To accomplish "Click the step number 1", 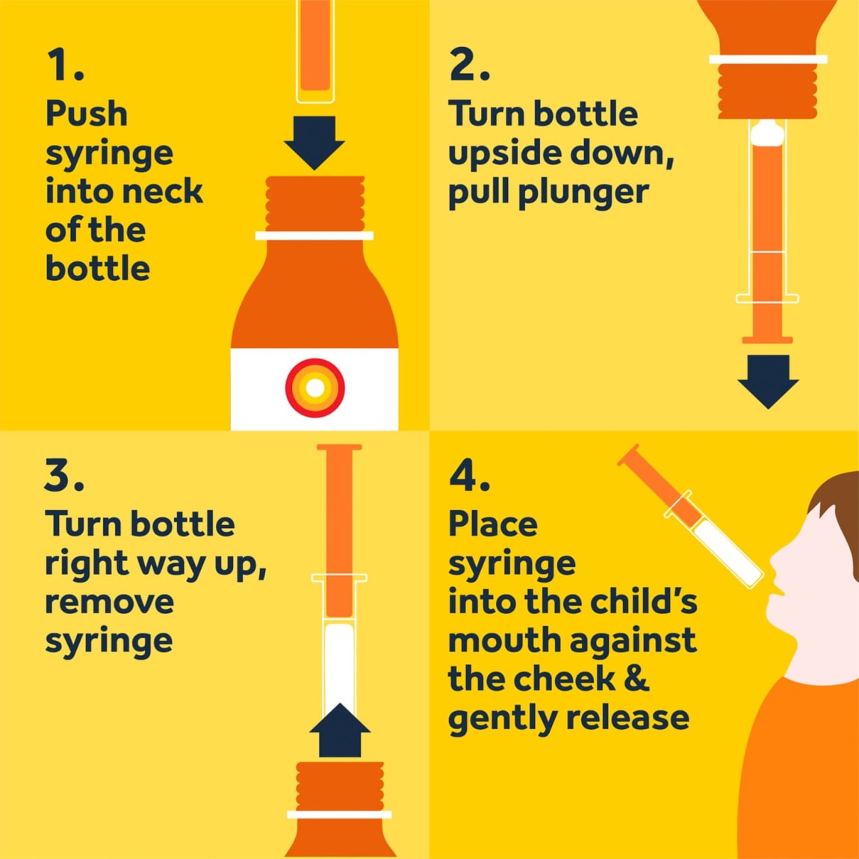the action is [x=65, y=65].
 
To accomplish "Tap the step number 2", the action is [x=469, y=65].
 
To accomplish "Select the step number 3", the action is [x=64, y=475].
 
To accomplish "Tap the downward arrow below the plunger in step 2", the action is [x=768, y=381].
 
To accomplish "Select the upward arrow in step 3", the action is [x=340, y=731].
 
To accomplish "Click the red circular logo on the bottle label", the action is [x=315, y=388].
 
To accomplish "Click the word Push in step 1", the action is [x=87, y=114].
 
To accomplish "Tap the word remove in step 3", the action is [x=110, y=602].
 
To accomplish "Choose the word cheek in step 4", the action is [x=564, y=679].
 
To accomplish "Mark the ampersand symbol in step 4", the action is [x=636, y=679].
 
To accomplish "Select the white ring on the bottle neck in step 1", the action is [x=314, y=235].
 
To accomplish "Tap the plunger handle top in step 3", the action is [x=340, y=447].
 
